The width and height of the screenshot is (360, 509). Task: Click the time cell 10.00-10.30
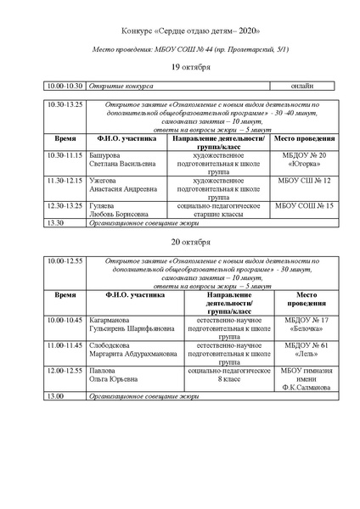65,86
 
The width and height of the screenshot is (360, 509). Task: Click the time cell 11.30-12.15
66,181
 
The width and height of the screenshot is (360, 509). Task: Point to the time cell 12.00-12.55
66,371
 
